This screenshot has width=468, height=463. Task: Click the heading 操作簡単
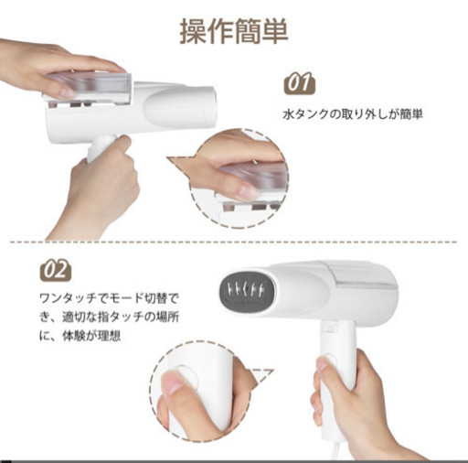point(234,31)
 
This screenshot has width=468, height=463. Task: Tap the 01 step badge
point(300,82)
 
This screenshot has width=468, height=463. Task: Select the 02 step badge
point(56,270)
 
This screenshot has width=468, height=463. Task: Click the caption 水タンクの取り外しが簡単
point(353,114)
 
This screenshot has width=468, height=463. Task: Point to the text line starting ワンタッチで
point(109,297)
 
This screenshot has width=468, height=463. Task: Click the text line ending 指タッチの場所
point(109,317)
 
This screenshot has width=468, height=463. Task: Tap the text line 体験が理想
point(80,336)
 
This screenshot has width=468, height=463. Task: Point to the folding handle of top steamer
point(101,148)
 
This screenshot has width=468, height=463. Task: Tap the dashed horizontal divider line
point(233,242)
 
